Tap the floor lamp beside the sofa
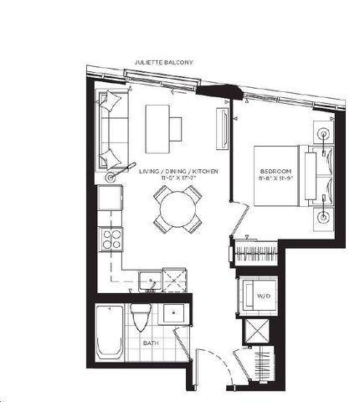click(111, 177)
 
